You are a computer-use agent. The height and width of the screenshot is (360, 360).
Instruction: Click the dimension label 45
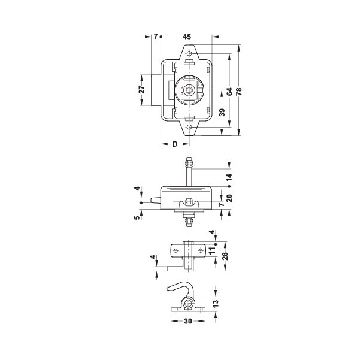(187, 37)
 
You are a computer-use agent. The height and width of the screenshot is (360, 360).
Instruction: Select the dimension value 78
(239, 92)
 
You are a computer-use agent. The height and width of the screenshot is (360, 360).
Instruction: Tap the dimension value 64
(229, 92)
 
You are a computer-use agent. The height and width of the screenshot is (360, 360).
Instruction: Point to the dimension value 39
(222, 112)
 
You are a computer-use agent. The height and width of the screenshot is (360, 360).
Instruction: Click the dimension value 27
(142, 89)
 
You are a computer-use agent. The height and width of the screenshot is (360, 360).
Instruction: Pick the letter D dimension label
(175, 144)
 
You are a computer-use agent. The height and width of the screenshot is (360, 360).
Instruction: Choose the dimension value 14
(229, 178)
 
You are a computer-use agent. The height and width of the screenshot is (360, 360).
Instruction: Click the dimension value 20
(229, 198)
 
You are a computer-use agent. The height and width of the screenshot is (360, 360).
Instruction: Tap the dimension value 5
(137, 217)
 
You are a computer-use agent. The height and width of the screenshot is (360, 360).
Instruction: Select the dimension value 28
(225, 256)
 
